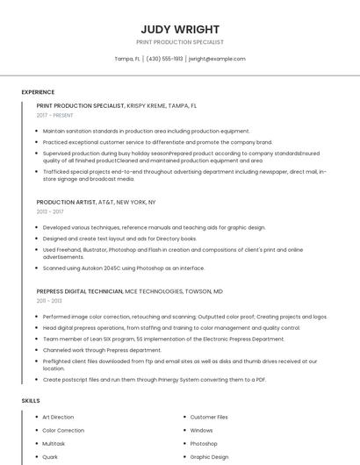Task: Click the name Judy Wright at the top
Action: tap(180, 29)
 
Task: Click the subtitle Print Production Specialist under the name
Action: tap(180, 42)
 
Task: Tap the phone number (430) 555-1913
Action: tap(164, 59)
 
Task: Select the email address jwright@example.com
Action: tap(217, 59)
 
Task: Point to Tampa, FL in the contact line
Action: tap(127, 59)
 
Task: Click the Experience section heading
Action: tap(38, 92)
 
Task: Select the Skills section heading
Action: tap(31, 401)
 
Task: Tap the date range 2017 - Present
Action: tap(55, 115)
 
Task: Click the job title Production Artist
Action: tap(67, 202)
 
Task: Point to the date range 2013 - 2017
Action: tap(50, 211)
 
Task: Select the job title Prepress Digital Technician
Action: tap(79, 291)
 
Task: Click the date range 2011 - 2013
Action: tap(49, 301)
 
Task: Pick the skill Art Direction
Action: tap(58, 417)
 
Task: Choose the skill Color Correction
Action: tap(63, 430)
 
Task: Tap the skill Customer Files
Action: tap(209, 417)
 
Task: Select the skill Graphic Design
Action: tap(209, 456)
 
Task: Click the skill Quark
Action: tap(50, 456)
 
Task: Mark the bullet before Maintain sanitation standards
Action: tap(38, 131)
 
